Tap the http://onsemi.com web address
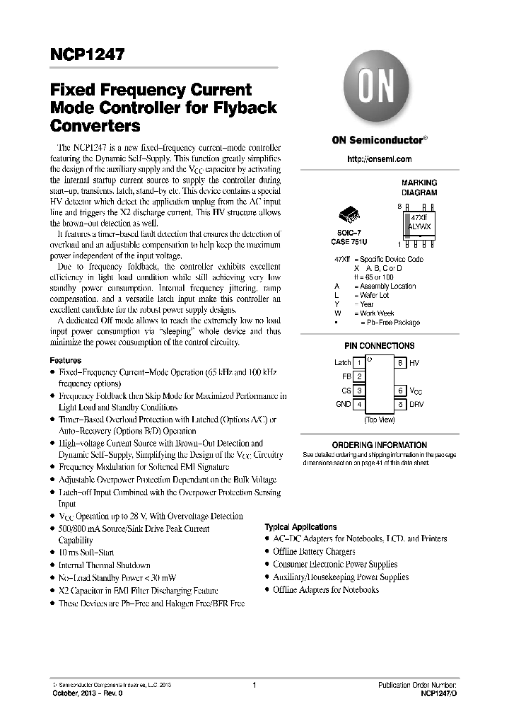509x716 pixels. click(x=379, y=159)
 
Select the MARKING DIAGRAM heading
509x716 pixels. click(x=419, y=187)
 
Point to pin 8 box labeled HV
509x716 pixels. click(x=400, y=363)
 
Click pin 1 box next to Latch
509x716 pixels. click(x=359, y=363)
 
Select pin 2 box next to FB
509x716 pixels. click(x=359, y=376)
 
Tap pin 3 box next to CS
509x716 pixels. click(x=359, y=391)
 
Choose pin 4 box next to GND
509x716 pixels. click(x=359, y=404)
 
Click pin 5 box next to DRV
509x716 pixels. click(x=400, y=404)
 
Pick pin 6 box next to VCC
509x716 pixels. click(x=400, y=391)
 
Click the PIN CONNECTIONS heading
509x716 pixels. click(x=379, y=346)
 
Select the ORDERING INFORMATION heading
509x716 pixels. click(x=379, y=445)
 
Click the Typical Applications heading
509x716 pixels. click(x=300, y=527)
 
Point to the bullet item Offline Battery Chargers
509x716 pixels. click(x=314, y=552)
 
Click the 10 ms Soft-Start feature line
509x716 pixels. click(x=86, y=553)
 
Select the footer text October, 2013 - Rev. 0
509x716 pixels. click(x=88, y=694)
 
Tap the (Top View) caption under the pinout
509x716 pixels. click(x=380, y=420)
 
